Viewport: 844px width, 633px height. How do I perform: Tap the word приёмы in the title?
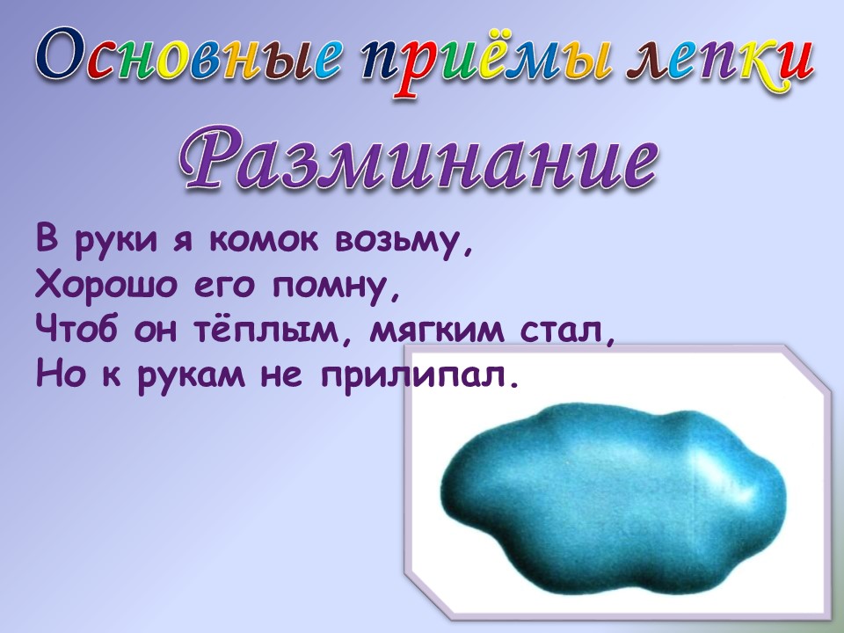(487, 62)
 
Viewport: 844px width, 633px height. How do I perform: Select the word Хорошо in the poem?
(106, 285)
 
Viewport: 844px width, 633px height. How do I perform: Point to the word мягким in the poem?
(437, 331)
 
